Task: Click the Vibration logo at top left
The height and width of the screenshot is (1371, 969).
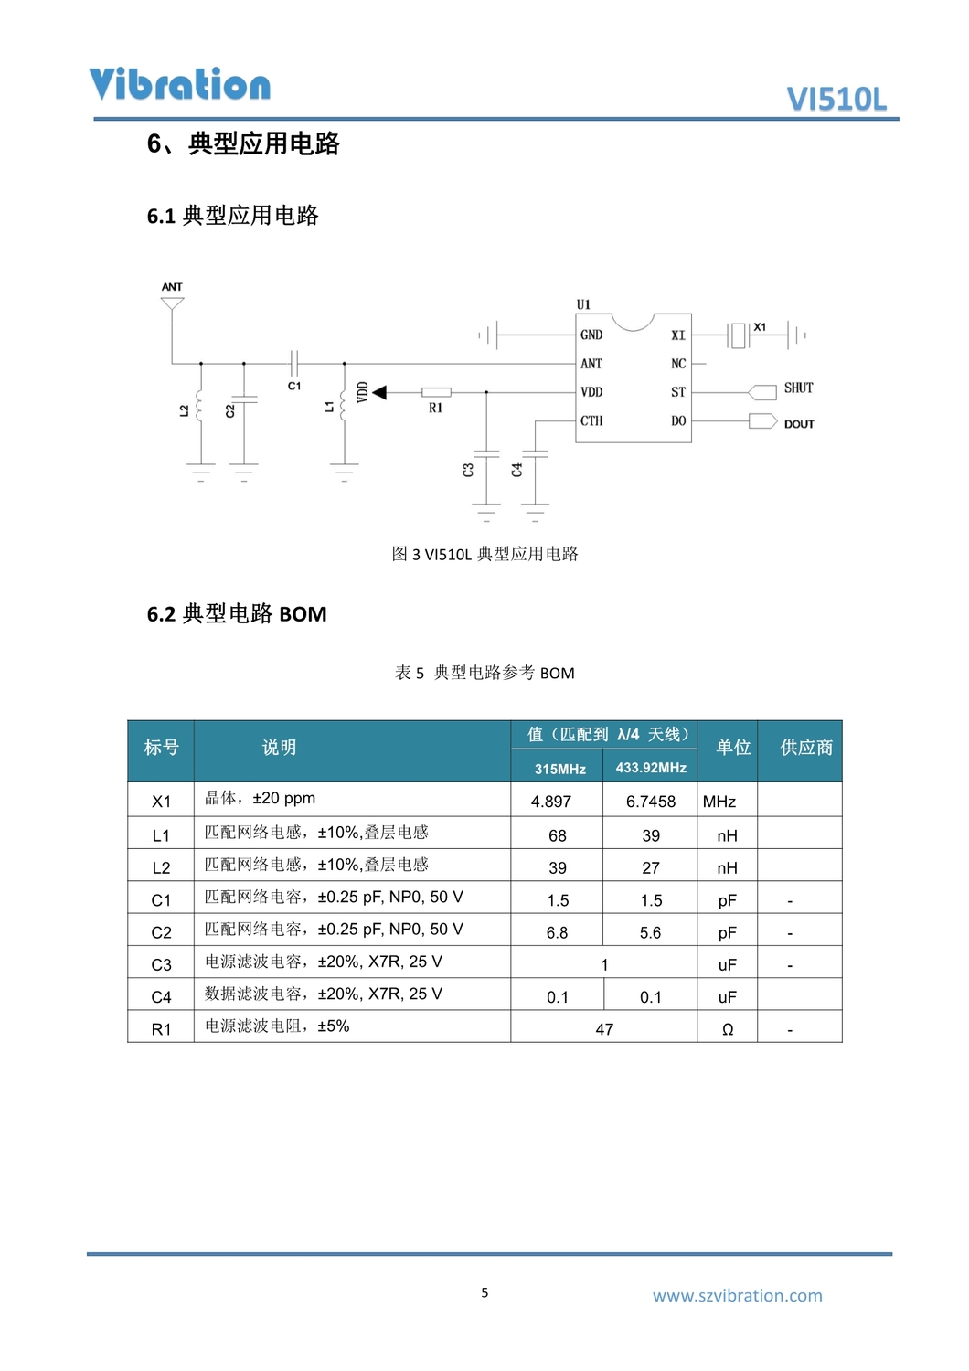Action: tap(179, 84)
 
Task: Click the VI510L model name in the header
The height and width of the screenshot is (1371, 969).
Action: tap(836, 99)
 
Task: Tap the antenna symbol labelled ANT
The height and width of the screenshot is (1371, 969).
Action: tap(172, 303)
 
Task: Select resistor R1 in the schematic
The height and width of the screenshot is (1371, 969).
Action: tap(436, 392)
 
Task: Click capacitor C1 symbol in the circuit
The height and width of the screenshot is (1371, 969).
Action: tap(294, 363)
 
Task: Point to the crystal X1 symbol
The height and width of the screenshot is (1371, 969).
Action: tap(739, 335)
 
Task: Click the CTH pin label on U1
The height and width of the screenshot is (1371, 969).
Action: tap(591, 421)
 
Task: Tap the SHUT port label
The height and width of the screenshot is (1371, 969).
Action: tap(798, 388)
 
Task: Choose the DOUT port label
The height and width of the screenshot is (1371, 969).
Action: tap(799, 424)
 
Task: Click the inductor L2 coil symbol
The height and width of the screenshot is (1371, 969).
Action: tap(200, 410)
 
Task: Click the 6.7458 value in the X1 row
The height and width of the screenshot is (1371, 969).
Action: tap(651, 802)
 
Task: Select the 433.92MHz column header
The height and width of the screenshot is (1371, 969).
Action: tap(651, 768)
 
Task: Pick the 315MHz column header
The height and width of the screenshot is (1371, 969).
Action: tap(559, 770)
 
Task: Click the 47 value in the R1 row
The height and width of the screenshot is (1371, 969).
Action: tap(604, 1029)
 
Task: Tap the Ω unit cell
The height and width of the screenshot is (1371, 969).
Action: tap(728, 1029)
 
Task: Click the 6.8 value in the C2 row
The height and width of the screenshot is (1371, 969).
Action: tap(557, 932)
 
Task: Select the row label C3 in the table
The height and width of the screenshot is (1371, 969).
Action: tap(161, 965)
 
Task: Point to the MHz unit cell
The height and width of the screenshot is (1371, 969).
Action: tap(719, 802)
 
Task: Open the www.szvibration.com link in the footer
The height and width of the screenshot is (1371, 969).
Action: tap(737, 1295)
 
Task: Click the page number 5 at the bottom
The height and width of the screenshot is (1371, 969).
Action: tap(484, 1292)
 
